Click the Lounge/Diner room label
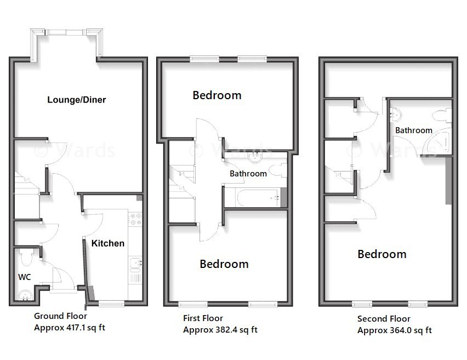[76, 100]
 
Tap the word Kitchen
[108, 243]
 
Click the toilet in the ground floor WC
[25, 256]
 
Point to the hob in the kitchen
[135, 219]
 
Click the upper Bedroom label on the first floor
[217, 95]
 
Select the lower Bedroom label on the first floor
[224, 264]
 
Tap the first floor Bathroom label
[248, 174]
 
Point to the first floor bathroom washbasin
[255, 157]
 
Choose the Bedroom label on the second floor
[382, 254]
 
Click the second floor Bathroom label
[414, 130]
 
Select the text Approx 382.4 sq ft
[220, 330]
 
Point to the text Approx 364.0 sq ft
[394, 330]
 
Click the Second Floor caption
[384, 319]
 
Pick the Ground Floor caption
[60, 316]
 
